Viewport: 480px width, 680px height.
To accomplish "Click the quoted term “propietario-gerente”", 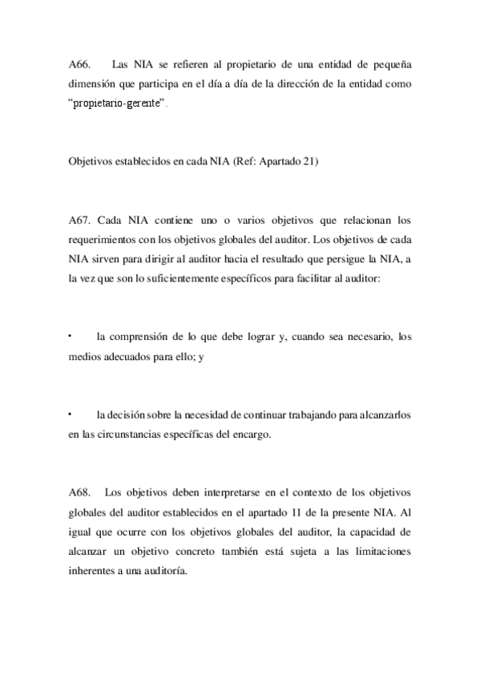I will [x=117, y=105].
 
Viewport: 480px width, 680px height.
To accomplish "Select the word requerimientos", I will [x=107, y=239].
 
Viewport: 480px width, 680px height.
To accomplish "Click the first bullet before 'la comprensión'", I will [x=71, y=335].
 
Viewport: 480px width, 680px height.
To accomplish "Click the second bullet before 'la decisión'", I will [x=71, y=414].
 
